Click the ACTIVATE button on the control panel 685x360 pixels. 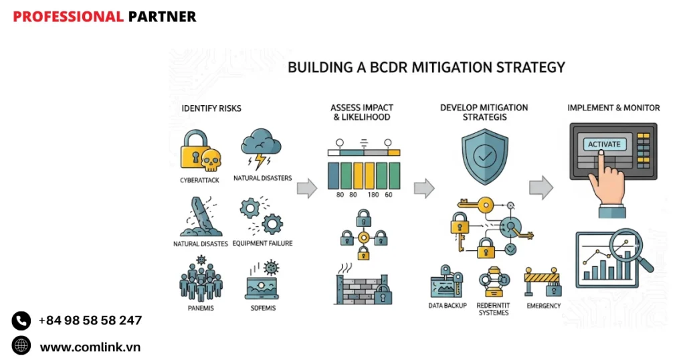[603, 144]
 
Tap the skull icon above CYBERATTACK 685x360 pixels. [211, 161]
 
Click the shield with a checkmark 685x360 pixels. [485, 157]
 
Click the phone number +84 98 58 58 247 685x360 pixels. [90, 321]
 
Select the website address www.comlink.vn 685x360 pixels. [90, 347]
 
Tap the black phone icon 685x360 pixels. [21, 321]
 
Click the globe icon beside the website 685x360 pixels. [21, 346]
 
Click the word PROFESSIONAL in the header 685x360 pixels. [68, 17]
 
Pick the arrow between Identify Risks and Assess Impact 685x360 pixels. [306, 189]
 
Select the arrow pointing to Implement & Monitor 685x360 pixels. [541, 187]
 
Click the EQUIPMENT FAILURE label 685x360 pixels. [262, 244]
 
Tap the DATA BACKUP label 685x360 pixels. [448, 306]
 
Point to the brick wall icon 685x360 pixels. [361, 288]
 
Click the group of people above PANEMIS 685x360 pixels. [201, 280]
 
